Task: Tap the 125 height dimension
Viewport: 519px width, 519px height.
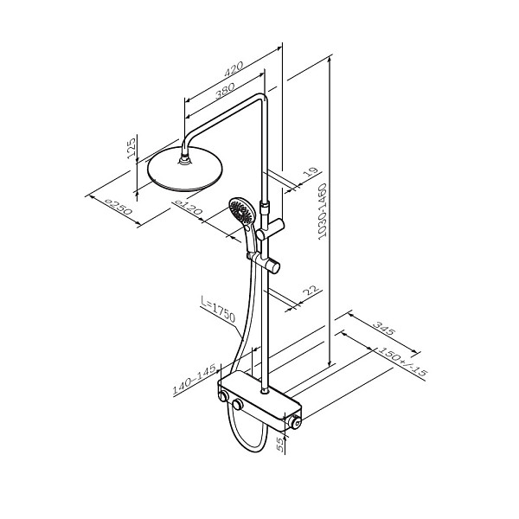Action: tap(131, 149)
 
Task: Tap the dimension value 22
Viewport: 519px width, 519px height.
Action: tap(311, 292)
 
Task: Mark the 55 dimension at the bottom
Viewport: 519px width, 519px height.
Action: tap(279, 444)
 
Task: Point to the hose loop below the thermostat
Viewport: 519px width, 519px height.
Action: tap(247, 437)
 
